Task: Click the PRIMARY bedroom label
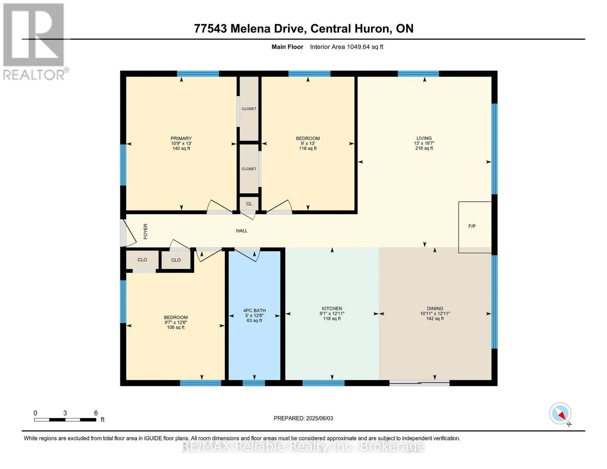tap(181, 138)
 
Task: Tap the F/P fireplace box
tap(474, 227)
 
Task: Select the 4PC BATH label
tap(254, 310)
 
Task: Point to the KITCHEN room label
tap(332, 308)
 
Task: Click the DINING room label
tap(435, 308)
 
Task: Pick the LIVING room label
tap(424, 138)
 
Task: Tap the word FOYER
tap(145, 231)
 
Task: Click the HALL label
tap(242, 231)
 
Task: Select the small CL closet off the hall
tap(249, 204)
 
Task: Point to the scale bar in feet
tap(65, 419)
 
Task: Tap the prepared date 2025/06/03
tap(319, 418)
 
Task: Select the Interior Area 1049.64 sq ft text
tap(346, 47)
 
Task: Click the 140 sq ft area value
tap(181, 149)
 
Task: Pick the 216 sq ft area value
tap(424, 148)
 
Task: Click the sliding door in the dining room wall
tap(419, 383)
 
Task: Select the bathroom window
tap(254, 383)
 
